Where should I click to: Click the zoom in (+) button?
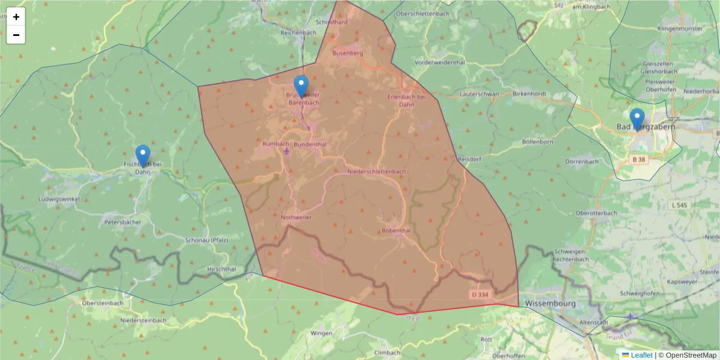16,17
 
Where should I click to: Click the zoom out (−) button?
16,35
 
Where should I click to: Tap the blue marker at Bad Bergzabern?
637,119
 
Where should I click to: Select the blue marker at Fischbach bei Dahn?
142,156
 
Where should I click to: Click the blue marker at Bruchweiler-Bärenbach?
301,86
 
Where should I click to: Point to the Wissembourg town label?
550,304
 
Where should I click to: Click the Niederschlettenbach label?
376,172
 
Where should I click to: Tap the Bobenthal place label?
396,230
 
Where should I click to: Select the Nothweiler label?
296,217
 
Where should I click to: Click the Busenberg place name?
348,53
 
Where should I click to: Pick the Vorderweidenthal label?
440,62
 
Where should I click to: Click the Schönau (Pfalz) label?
207,240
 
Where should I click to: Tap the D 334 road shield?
481,295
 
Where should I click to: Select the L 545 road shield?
679,205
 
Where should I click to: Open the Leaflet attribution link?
641,355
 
